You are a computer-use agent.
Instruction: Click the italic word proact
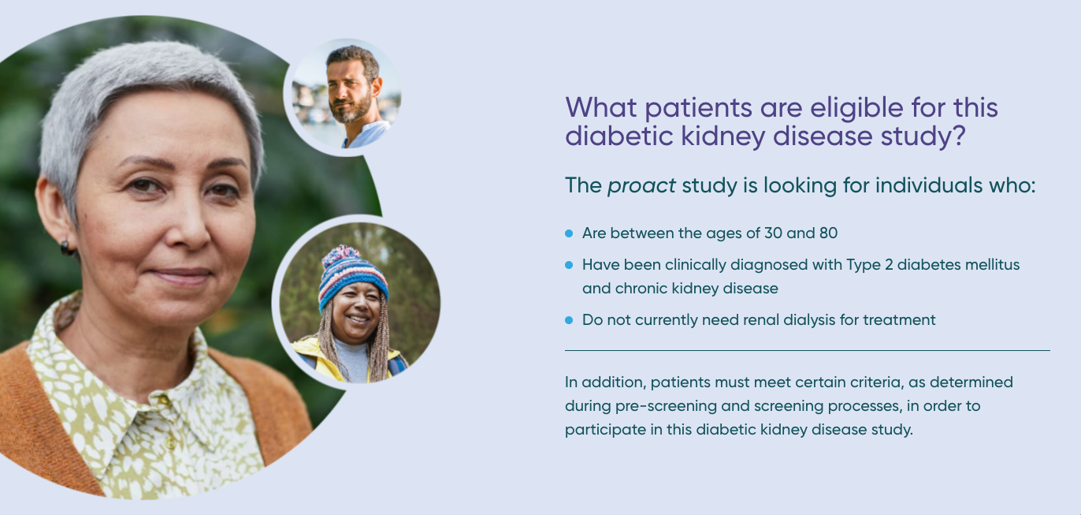641,186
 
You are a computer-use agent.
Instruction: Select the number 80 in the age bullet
828,233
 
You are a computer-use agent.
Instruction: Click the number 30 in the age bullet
773,233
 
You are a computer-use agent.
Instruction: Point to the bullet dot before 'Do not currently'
569,320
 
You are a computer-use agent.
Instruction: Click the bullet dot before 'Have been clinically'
569,265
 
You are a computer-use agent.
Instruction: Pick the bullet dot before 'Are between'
569,233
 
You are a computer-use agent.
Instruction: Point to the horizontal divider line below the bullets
808,350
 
